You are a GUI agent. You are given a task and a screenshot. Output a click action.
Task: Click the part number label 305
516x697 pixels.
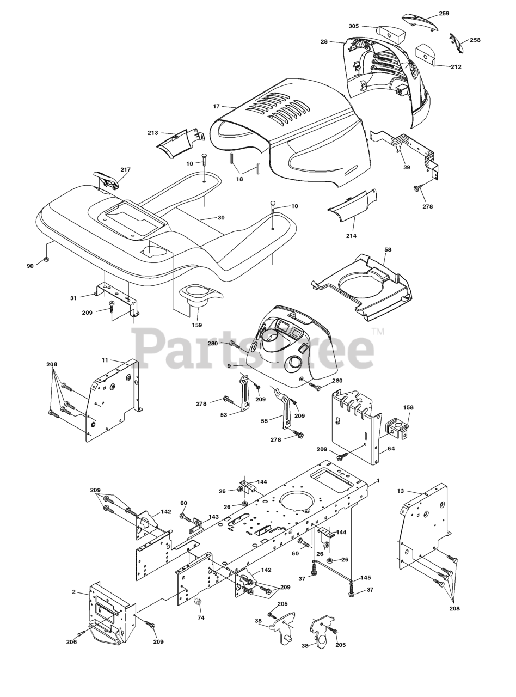tap(354, 26)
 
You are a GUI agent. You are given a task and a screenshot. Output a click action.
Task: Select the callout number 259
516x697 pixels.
tap(444, 14)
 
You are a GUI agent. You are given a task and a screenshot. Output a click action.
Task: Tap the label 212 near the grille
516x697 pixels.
tap(456, 67)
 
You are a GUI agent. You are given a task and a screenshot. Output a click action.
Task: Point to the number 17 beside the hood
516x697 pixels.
tap(216, 107)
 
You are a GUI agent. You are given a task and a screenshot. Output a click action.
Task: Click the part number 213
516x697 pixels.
tap(153, 133)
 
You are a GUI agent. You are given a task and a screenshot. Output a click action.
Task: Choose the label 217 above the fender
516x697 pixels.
tap(125, 170)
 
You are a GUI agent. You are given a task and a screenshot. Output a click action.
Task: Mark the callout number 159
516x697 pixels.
tap(196, 325)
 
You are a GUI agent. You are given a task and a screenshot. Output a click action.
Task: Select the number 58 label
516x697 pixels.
tap(388, 250)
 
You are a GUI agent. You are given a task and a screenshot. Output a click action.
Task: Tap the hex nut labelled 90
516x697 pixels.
tap(47, 258)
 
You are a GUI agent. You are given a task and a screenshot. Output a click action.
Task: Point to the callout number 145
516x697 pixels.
tap(365, 578)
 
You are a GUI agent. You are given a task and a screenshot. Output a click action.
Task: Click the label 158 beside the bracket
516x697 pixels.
tap(408, 407)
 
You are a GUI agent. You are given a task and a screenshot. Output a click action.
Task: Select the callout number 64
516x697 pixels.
tap(391, 449)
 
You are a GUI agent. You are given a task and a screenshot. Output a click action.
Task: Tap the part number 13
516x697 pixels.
tap(401, 491)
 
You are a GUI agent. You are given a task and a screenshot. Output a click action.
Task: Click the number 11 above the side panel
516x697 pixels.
tap(105, 360)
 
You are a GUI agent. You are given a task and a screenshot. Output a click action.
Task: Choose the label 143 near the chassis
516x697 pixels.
tap(214, 517)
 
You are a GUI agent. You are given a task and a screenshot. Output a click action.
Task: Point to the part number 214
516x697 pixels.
tap(351, 236)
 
